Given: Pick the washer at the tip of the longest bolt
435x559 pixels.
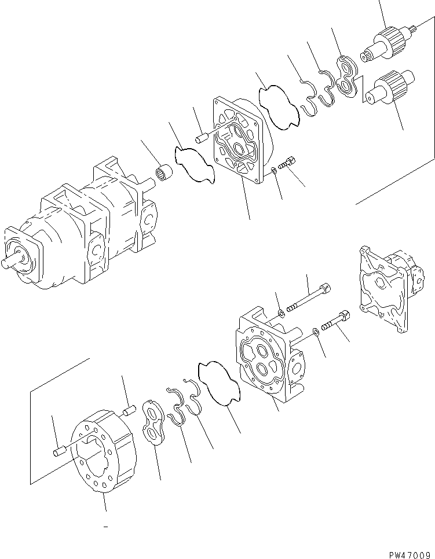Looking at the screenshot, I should coord(280,313).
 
